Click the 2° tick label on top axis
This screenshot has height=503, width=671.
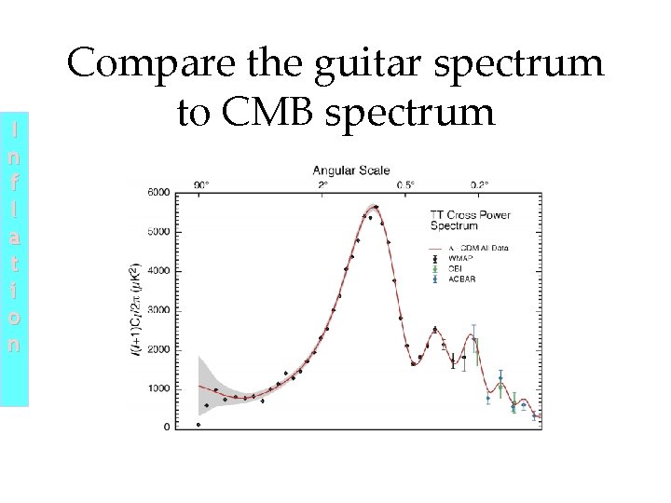coord(323,184)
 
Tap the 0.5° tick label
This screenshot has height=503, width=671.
coord(404,184)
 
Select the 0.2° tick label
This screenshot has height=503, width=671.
coord(478,184)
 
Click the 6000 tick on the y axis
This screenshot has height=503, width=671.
coord(159,193)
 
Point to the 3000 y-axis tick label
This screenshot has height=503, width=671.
coord(159,310)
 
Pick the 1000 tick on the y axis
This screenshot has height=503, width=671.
coord(159,388)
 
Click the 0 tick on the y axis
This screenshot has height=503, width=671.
coord(167,428)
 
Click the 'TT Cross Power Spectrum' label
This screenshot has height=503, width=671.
coord(483,221)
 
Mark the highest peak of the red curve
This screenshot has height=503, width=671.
coord(375,207)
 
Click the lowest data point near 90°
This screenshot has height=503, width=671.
coord(199,424)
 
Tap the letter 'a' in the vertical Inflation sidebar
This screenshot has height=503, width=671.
coord(14,239)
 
